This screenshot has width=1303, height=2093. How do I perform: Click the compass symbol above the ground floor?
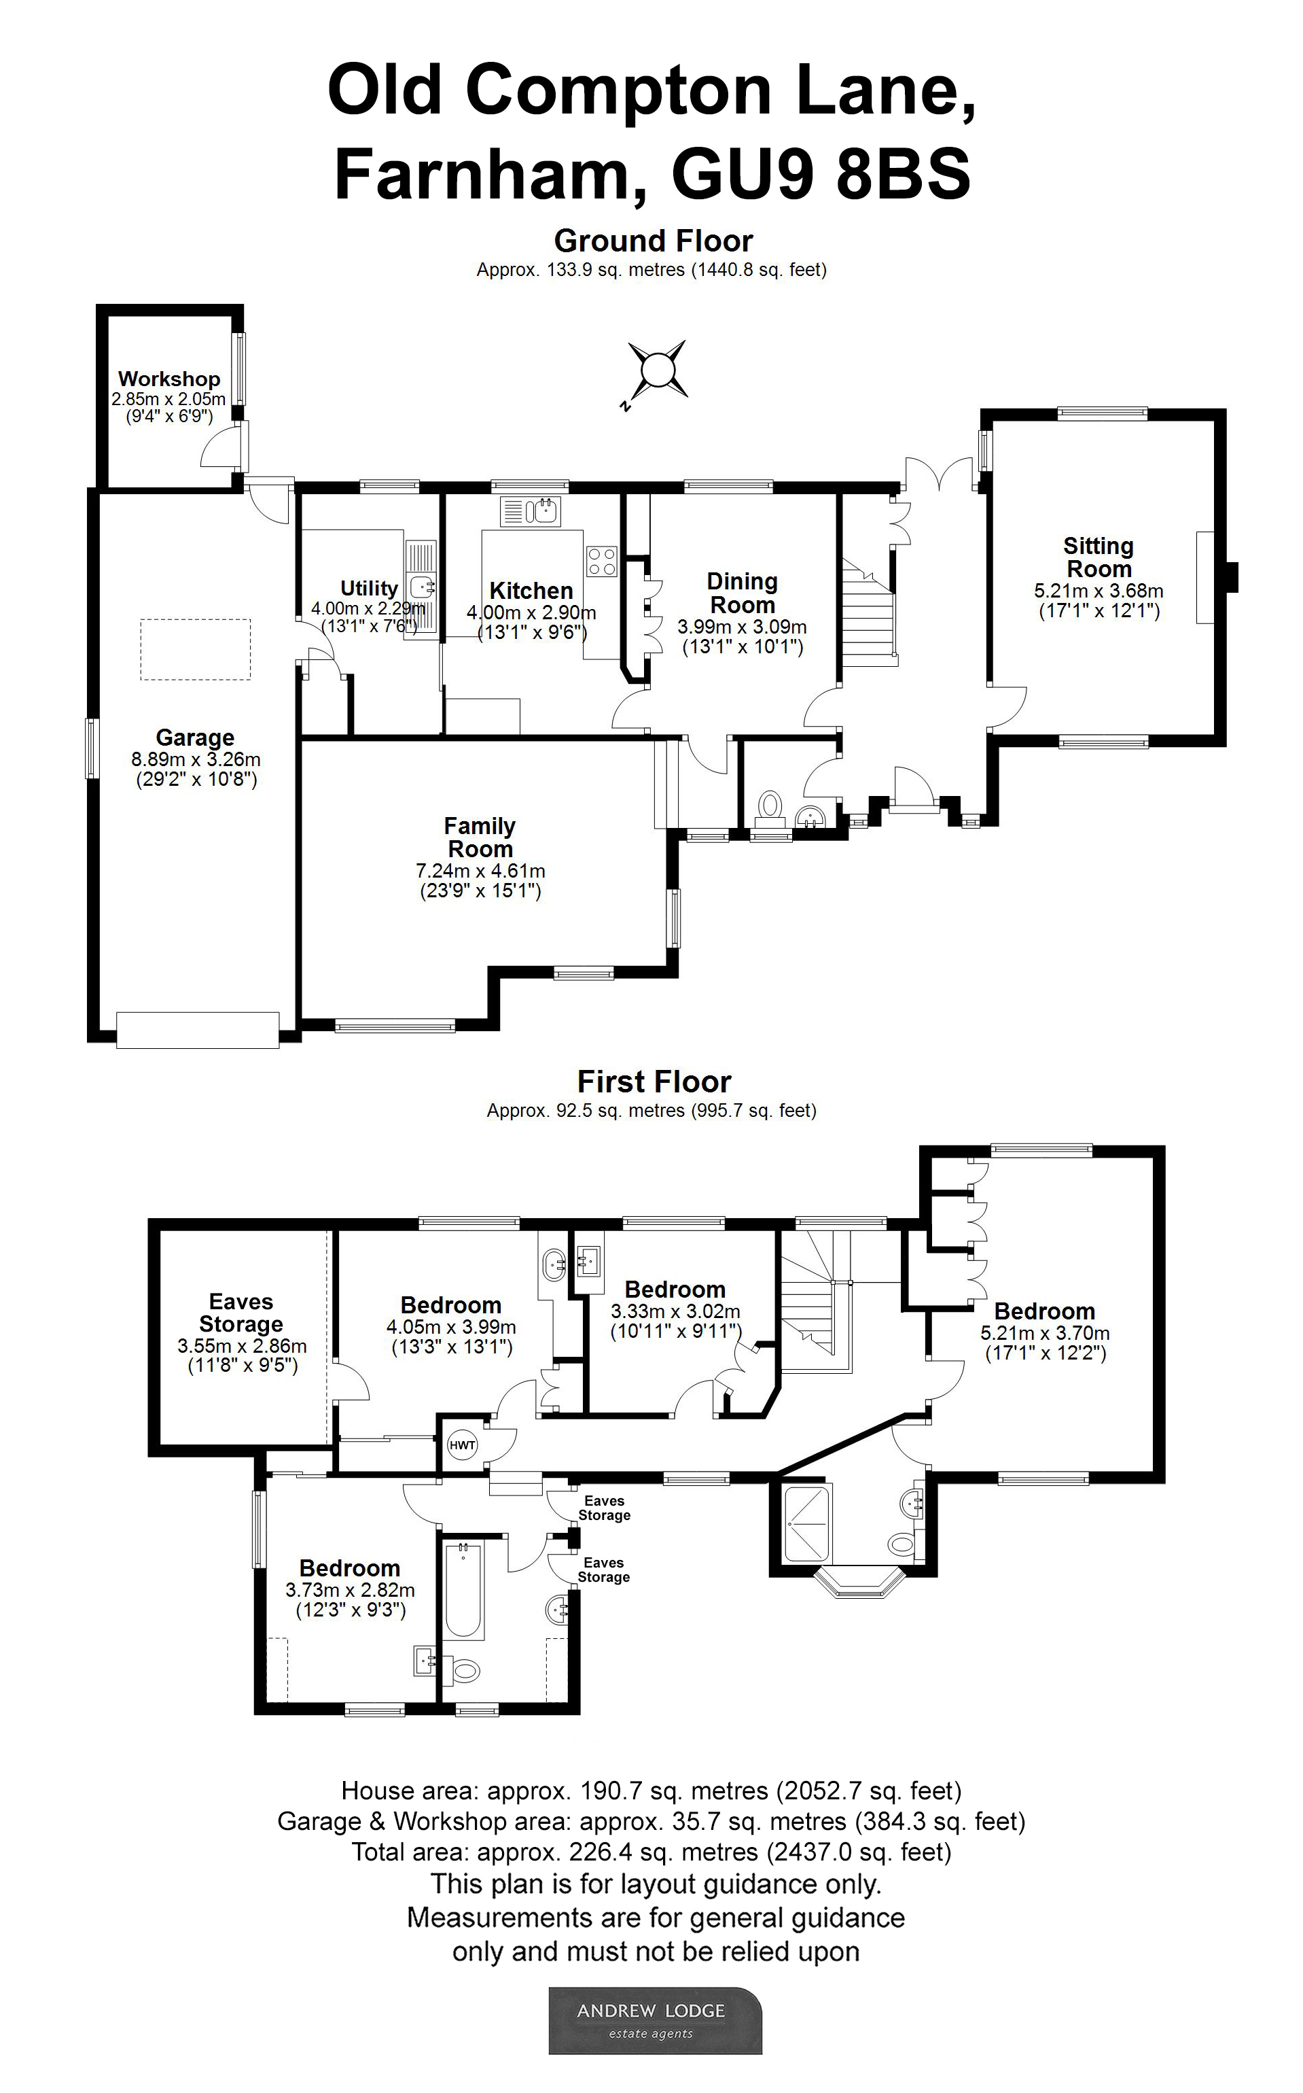(657, 370)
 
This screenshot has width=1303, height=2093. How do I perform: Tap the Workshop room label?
(169, 379)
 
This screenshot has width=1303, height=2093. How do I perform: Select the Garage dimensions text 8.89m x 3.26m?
(196, 759)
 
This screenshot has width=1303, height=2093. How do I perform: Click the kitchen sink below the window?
(532, 511)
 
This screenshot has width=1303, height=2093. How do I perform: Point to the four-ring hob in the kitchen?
(601, 561)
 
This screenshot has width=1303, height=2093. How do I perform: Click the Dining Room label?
(742, 593)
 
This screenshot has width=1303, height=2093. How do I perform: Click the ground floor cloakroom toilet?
(770, 806)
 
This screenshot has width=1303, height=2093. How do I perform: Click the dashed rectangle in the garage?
(196, 649)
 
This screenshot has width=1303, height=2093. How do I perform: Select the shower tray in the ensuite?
(806, 1523)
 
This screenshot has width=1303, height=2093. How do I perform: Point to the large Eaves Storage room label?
(241, 1312)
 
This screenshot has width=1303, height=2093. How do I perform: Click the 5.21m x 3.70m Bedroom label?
(1043, 1311)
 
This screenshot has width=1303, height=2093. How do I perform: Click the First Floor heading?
(654, 1081)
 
